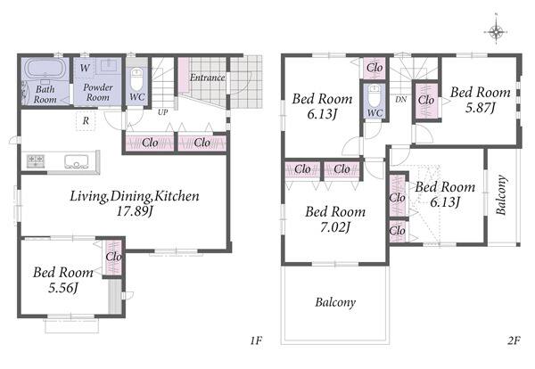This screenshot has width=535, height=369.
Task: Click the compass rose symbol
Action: [x=496, y=31]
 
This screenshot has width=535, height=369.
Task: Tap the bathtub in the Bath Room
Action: [x=45, y=69]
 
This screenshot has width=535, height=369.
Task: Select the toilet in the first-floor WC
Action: [x=136, y=80]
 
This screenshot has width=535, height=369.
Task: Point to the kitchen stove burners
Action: [x=36, y=160]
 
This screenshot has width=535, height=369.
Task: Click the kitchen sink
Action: [x=77, y=161]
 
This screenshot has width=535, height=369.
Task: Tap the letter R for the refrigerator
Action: [x=86, y=120]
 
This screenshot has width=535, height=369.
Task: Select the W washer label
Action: [x=85, y=68]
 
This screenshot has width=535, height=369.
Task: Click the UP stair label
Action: [x=163, y=112]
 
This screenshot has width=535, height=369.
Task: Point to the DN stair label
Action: [x=401, y=100]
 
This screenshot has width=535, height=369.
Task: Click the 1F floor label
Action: [x=256, y=340]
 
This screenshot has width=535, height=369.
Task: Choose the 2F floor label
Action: [x=514, y=340]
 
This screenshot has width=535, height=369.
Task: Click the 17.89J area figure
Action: [x=135, y=211]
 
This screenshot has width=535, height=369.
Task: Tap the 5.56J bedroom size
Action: [x=63, y=288]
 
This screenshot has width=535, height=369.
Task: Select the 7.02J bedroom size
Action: [x=335, y=226]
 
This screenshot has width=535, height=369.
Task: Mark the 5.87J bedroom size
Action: [x=481, y=108]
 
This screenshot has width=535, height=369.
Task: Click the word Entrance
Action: [x=207, y=78]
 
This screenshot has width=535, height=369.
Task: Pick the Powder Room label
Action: [x=98, y=92]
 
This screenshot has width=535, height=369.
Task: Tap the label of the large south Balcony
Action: [x=335, y=302]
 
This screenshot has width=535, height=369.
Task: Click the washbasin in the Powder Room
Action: [x=109, y=65]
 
